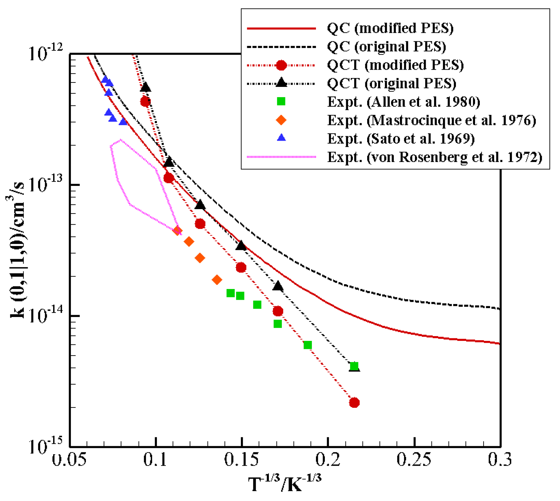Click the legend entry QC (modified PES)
coord(390,28)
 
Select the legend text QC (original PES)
coord(386,46)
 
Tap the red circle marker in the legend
coord(281,65)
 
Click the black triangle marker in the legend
coord(281,83)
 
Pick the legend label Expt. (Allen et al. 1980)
coord(403,102)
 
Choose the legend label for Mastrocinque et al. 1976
coord(431,120)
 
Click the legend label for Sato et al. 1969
coord(401,139)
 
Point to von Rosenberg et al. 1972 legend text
coord(435,157)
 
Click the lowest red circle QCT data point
coord(354,403)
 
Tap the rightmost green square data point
coord(354,366)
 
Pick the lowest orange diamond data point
coord(217,280)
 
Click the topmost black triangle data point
coord(145,87)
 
